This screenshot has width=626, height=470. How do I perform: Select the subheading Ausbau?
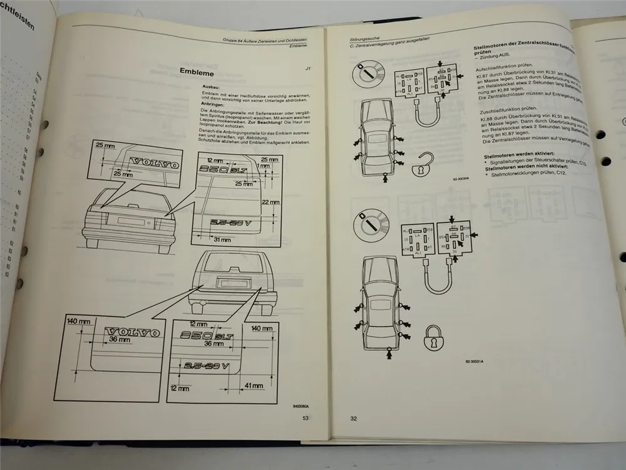click(209, 87)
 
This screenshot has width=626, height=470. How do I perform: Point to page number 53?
click(305, 418)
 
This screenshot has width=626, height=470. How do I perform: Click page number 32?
click(354, 419)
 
